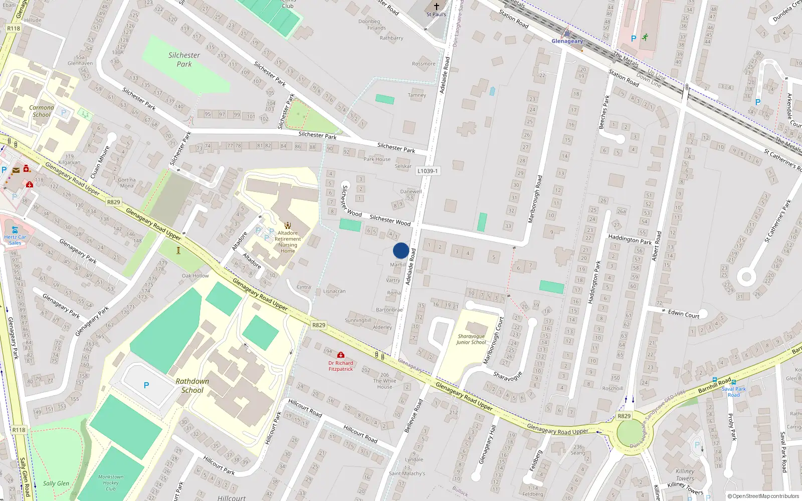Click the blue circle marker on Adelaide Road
[401, 250]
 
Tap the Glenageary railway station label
[567, 41]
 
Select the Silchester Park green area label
[184, 60]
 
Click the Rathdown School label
[192, 385]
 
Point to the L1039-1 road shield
[427, 171]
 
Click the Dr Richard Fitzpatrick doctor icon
[341, 355]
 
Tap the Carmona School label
[42, 111]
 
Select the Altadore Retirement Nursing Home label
[288, 241]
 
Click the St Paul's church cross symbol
[436, 7]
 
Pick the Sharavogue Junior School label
[471, 339]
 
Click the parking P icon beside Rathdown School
[146, 385]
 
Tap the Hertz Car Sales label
[15, 240]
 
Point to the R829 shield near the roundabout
[624, 416]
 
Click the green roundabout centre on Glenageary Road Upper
[630, 433]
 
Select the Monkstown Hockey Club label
[111, 482]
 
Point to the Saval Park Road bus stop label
[734, 391]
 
